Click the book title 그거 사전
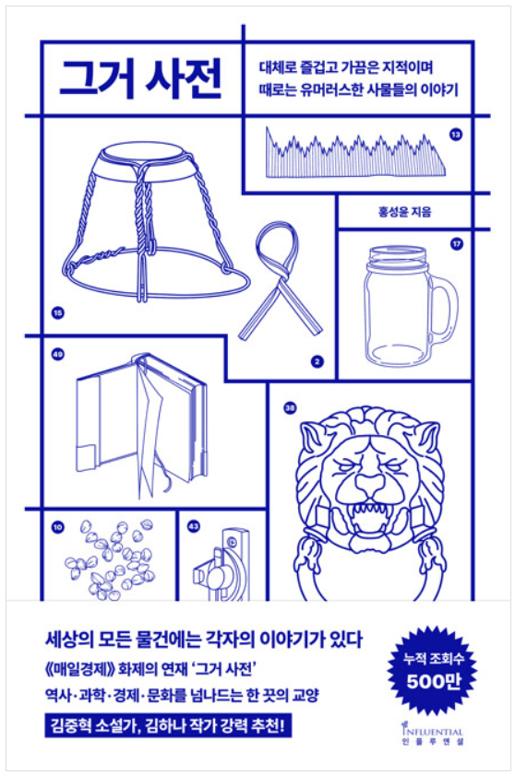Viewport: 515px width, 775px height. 140,79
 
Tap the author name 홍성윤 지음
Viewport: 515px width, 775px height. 404,212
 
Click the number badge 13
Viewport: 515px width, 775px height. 456,134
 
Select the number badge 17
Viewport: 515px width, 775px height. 456,243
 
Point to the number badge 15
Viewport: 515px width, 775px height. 58,312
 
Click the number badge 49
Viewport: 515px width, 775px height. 58,355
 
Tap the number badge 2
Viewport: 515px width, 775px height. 317,362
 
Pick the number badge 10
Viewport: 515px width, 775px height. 58,527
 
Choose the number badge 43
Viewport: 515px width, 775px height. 194,527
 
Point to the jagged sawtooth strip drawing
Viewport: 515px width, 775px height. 355,153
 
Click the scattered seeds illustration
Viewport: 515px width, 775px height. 110,559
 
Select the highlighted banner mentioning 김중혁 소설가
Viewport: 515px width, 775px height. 168,726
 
